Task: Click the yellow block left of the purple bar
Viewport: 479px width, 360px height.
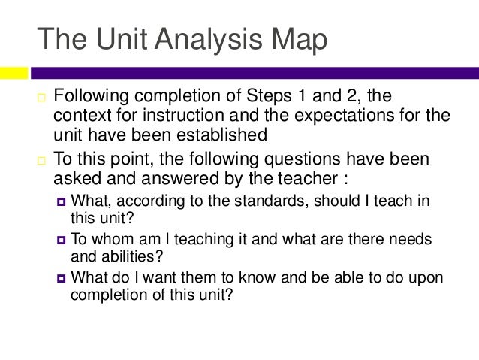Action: coord(14,73)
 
